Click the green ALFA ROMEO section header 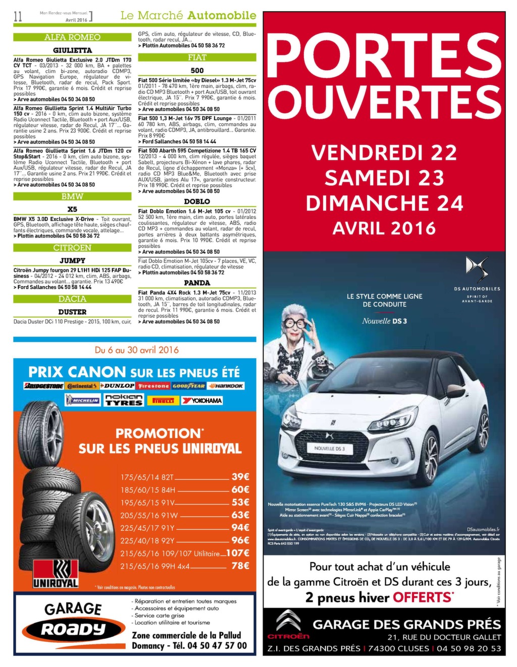click(72, 37)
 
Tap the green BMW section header click(72, 196)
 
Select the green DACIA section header click(72, 299)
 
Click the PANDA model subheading click(197, 283)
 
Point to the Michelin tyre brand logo click(83, 400)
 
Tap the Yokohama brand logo click(202, 400)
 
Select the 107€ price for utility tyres click(237, 552)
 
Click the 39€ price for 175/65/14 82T click(240, 476)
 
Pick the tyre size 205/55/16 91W click(149, 515)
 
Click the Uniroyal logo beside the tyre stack click(56, 574)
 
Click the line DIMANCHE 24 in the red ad click(384, 203)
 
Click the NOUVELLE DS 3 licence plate click(330, 448)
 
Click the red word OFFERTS click(423, 597)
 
